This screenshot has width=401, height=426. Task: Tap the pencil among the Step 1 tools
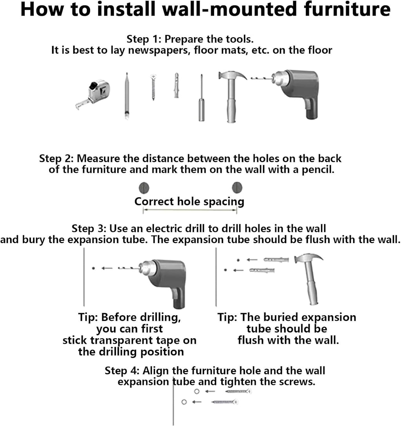coord(126,96)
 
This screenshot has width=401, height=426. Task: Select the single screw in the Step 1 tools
coord(153,87)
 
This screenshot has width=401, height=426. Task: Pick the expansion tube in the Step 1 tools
coord(177,85)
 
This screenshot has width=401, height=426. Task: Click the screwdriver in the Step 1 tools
coord(202,98)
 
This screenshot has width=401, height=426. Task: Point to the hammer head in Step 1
coord(232,75)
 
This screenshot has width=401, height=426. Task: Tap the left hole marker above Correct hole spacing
coord(144,188)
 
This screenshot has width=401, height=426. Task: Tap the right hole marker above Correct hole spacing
coord(237,188)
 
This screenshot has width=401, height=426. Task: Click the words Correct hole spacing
coord(190,202)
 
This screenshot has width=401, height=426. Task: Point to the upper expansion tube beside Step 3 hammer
coord(276,260)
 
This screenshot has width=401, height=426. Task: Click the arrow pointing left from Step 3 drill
coord(107,269)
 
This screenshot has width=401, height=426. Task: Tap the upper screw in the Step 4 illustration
coord(238,392)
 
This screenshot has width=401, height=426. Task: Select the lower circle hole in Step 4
coord(184,402)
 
